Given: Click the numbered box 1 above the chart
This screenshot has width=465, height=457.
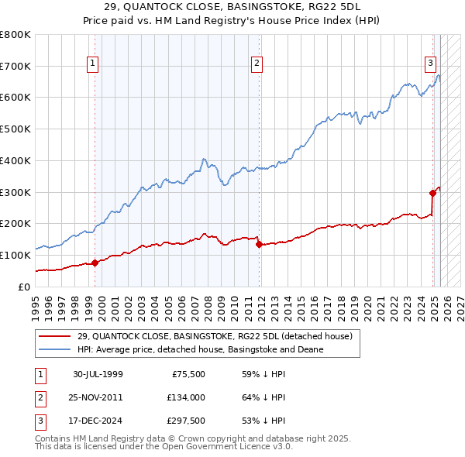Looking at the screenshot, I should click(92, 64).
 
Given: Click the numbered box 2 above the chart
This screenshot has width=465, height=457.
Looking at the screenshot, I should click(257, 64).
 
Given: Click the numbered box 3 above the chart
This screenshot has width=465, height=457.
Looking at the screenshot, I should click(430, 64).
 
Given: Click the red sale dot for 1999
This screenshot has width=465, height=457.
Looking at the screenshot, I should click(95, 263).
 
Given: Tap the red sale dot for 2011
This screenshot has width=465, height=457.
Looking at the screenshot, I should click(259, 244).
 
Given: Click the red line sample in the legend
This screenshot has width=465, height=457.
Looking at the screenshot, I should click(53, 336).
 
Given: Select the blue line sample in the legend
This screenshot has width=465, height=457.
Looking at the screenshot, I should click(53, 349).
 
